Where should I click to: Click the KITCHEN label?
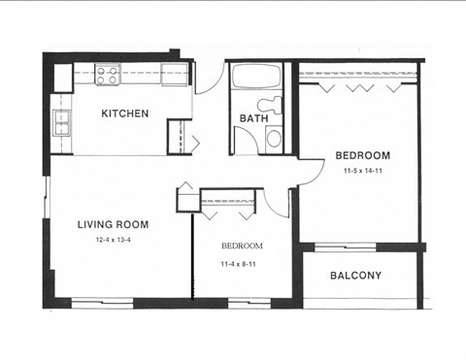pyautogui.click(x=125, y=114)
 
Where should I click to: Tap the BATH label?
pyautogui.click(x=253, y=119)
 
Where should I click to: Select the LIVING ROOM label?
pyautogui.click(x=113, y=224)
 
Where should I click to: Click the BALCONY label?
pyautogui.click(x=355, y=276)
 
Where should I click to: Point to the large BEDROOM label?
pyautogui.click(x=362, y=155)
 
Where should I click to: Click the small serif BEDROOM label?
pyautogui.click(x=241, y=246)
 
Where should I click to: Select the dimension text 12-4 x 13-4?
pyautogui.click(x=113, y=240)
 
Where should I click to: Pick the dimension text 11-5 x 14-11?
pyautogui.click(x=362, y=171)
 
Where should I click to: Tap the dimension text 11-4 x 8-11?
pyautogui.click(x=242, y=261)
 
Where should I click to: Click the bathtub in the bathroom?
pyautogui.click(x=256, y=76)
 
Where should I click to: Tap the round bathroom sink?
pyautogui.click(x=274, y=137)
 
